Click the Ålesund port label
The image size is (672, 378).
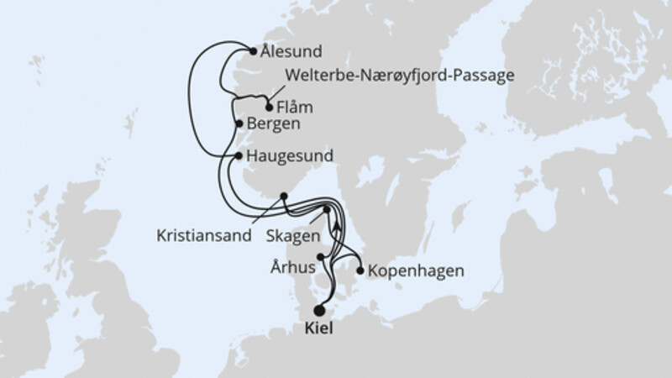[x=291, y=50]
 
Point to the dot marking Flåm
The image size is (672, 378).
[x=269, y=108]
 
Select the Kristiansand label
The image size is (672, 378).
[x=204, y=236]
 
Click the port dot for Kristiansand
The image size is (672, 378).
[x=284, y=197]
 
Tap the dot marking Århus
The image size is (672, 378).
[x=321, y=257]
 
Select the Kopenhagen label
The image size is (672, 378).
[x=416, y=271]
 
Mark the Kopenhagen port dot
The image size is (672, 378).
[x=360, y=270]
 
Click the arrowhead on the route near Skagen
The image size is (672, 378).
[x=335, y=223]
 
